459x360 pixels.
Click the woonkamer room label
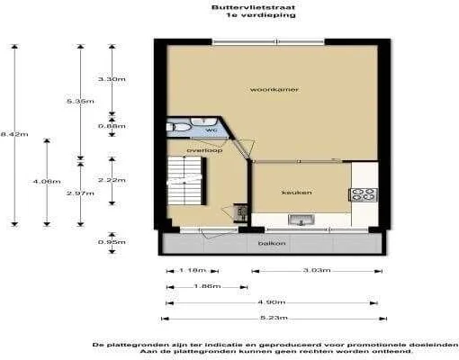point(275,90)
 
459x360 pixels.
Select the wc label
point(212,130)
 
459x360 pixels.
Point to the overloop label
point(204,149)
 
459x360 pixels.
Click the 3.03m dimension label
point(316,270)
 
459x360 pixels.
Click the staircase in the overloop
point(183,180)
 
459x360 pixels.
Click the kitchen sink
point(301,219)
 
